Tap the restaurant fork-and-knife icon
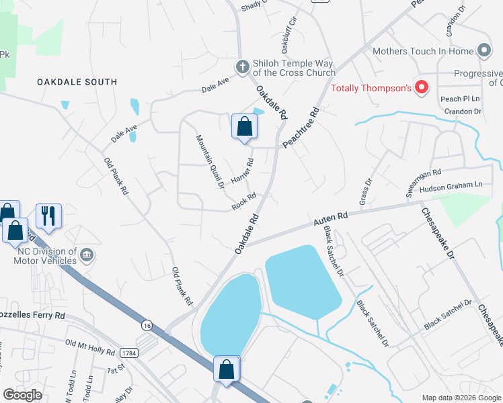[48, 216]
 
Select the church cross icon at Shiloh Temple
[242, 66]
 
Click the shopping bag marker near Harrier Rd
[244, 126]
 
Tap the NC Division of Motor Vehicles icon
[87, 255]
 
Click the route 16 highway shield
[147, 325]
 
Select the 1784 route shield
[129, 353]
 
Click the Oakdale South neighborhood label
[77, 82]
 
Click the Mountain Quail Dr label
[210, 161]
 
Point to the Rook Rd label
[244, 201]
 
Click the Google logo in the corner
[22, 395]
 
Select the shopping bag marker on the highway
[227, 369]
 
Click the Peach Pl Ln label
[459, 99]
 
